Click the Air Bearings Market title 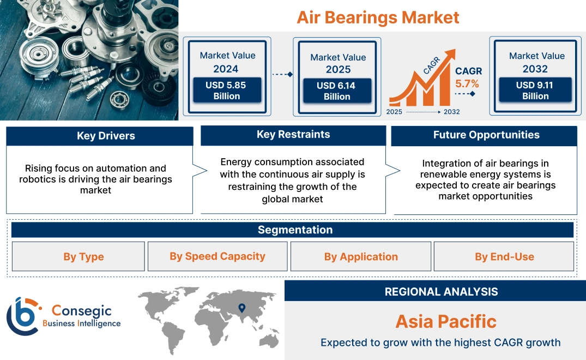tap(378, 17)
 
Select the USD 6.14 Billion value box tap(337, 91)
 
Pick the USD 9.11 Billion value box tap(535, 91)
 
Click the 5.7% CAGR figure tap(467, 83)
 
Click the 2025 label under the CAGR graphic tap(394, 112)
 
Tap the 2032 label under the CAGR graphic tap(451, 112)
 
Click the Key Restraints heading tap(293, 134)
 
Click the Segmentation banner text tap(295, 230)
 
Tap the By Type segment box tap(83, 256)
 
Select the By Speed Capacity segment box tap(217, 256)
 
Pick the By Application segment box tap(361, 256)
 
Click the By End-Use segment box tap(504, 256)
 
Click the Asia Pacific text tap(445, 321)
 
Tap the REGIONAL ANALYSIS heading tap(441, 292)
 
